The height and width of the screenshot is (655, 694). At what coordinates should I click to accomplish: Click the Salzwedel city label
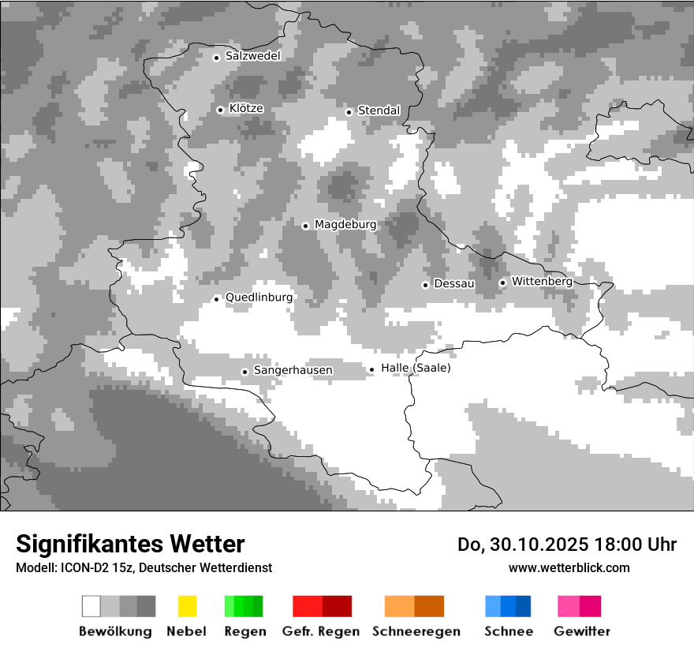tap(252, 56)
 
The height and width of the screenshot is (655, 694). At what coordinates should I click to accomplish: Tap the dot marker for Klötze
tap(220, 110)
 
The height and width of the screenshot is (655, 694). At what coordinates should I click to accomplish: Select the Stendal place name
tap(379, 110)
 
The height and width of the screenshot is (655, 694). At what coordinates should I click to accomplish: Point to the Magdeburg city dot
tap(305, 226)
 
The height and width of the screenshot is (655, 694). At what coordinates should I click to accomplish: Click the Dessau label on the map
tap(454, 283)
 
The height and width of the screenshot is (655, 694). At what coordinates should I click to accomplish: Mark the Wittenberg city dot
tap(502, 283)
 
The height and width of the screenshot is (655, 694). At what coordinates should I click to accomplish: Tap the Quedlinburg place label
tap(259, 298)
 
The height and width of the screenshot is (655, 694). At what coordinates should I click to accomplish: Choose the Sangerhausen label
tap(293, 370)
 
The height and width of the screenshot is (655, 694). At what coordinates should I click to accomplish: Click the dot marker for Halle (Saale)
tap(371, 369)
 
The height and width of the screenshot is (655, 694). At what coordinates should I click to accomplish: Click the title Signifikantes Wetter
tap(130, 544)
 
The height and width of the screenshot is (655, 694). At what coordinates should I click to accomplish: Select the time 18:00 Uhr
tap(636, 545)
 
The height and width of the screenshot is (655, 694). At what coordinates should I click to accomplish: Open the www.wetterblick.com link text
tap(569, 567)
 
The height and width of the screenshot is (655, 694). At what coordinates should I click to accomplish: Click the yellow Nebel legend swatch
tap(187, 606)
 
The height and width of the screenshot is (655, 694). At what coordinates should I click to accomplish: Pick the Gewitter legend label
tap(582, 631)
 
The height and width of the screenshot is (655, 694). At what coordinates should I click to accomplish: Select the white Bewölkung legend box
tap(91, 606)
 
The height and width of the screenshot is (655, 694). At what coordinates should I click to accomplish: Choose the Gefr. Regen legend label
tap(320, 631)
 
